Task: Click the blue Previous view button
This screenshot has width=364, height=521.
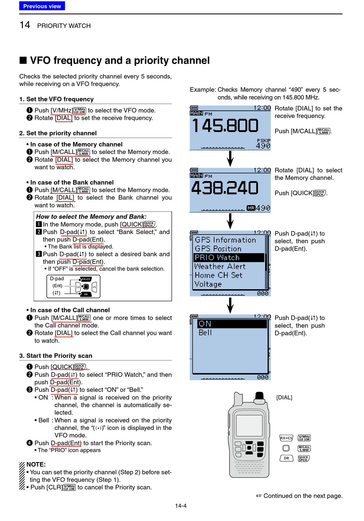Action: click(x=42, y=6)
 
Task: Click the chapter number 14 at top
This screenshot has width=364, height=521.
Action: click(x=25, y=25)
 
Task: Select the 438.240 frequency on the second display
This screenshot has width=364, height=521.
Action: click(x=225, y=188)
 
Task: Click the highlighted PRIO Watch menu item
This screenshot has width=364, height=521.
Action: click(x=229, y=257)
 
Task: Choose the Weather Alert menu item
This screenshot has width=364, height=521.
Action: click(x=220, y=266)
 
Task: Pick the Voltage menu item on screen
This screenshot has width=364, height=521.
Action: click(x=208, y=284)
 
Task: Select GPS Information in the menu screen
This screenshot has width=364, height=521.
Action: click(x=225, y=240)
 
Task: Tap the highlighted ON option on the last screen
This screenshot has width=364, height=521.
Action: click(x=205, y=324)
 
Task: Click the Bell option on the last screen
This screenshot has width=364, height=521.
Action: click(x=205, y=333)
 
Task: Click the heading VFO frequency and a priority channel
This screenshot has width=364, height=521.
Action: click(x=120, y=61)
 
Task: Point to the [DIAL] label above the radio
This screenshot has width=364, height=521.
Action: click(x=284, y=398)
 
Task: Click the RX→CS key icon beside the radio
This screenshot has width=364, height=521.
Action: click(x=286, y=438)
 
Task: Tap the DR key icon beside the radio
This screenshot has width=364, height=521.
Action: click(x=286, y=458)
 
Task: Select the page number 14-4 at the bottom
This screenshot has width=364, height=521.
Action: click(x=181, y=506)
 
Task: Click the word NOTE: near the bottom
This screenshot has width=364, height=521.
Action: click(x=36, y=464)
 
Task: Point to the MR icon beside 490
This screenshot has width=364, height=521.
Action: click(x=251, y=208)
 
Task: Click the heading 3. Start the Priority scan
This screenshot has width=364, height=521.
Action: click(x=56, y=356)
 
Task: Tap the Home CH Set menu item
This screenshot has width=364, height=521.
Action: click(x=218, y=275)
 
